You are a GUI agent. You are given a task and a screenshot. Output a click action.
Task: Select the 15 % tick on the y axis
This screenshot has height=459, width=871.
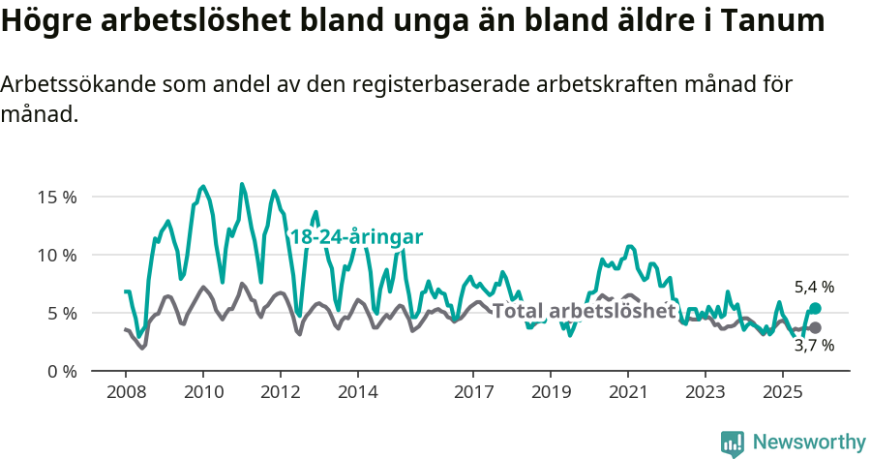point(56,197)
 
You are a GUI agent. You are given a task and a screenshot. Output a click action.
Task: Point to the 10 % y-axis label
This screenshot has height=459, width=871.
point(56,255)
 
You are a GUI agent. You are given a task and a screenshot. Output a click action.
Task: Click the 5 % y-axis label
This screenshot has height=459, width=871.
point(60,313)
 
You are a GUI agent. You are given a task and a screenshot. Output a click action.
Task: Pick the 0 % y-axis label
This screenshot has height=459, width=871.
point(60,371)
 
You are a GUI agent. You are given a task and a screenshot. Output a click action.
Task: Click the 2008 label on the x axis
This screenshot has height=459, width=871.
point(126,392)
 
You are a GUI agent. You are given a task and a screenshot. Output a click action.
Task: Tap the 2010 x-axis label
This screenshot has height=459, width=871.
point(203,392)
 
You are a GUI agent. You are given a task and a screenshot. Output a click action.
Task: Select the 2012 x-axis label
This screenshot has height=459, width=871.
point(281,392)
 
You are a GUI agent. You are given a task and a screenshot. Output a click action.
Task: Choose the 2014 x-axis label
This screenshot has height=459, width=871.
point(357,392)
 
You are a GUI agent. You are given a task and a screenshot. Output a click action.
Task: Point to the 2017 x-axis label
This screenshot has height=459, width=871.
point(473,392)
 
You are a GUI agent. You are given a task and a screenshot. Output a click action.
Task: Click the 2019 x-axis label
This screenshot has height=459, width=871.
point(551,392)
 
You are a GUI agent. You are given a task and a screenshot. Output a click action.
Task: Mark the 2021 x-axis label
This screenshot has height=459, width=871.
point(628,392)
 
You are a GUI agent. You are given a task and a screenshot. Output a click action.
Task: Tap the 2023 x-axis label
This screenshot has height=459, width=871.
point(705,392)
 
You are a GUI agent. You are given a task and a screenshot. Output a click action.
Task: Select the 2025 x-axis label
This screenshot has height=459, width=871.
point(782,392)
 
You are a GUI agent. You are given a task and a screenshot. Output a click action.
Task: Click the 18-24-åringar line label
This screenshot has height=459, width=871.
point(356,237)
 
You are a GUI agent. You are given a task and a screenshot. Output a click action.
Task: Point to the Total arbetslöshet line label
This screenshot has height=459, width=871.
point(584,311)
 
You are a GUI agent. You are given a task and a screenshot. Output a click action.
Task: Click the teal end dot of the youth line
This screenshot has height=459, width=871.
point(815,308)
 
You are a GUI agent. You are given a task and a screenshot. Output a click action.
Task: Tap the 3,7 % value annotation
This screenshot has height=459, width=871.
point(814,346)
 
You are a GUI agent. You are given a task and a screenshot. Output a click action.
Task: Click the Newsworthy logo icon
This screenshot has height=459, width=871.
point(733,444)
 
